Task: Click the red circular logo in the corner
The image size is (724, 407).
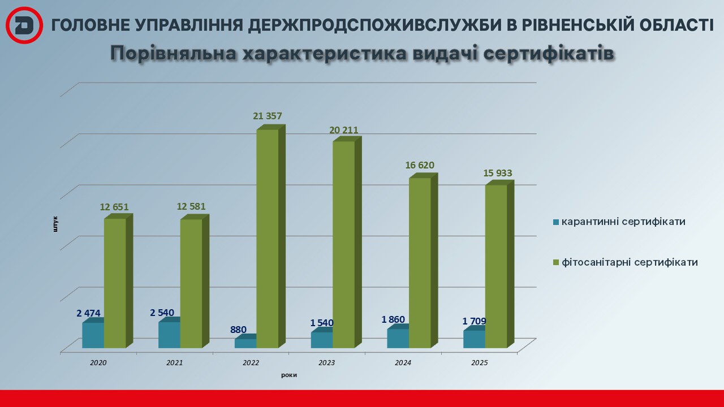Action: [x=24, y=25]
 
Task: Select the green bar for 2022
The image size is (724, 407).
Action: [x=268, y=237]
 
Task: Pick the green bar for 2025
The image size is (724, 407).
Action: [x=496, y=266]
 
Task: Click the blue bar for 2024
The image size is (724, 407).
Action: [x=398, y=338]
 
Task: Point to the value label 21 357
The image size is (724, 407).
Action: [x=268, y=116]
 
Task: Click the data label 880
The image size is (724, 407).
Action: [x=238, y=330]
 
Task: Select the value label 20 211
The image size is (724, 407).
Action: [x=344, y=131]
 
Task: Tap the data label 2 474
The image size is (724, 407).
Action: [x=88, y=313]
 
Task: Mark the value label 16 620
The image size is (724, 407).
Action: [x=419, y=166]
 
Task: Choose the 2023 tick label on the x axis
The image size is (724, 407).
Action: [x=327, y=362]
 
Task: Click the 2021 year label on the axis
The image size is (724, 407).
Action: [x=175, y=362]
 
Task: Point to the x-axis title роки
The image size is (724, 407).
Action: [x=288, y=375]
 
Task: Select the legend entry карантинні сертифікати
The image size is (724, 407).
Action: [x=623, y=222]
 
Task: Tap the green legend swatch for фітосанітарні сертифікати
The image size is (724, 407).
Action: [x=556, y=262]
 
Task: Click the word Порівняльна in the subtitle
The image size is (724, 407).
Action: [x=173, y=53]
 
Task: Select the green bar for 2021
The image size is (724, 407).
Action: [x=191, y=283]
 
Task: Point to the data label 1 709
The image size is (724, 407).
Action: [x=474, y=322]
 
